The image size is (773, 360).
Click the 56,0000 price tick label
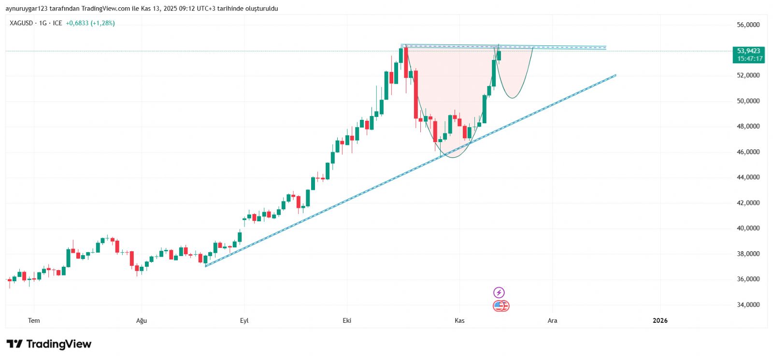[748, 25]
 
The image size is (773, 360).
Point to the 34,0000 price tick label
[748, 304]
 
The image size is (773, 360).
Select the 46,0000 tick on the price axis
[748, 152]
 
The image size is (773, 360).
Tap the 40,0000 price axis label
[748, 228]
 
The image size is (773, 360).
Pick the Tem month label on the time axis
[34, 320]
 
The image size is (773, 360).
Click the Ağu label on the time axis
[141, 320]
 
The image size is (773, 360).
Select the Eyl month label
[244, 320]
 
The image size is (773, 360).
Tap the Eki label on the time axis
[347, 320]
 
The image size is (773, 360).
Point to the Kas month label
[459, 320]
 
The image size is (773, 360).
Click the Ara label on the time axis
[552, 320]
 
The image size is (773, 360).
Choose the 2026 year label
[660, 320]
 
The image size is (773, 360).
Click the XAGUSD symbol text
[21, 23]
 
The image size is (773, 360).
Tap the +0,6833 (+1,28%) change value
[90, 23]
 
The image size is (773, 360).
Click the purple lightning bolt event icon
[499, 292]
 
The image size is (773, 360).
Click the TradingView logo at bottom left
[49, 344]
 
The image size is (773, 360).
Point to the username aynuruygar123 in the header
[27, 9]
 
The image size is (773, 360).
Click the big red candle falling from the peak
[415, 94]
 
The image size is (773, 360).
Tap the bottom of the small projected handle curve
[513, 98]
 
